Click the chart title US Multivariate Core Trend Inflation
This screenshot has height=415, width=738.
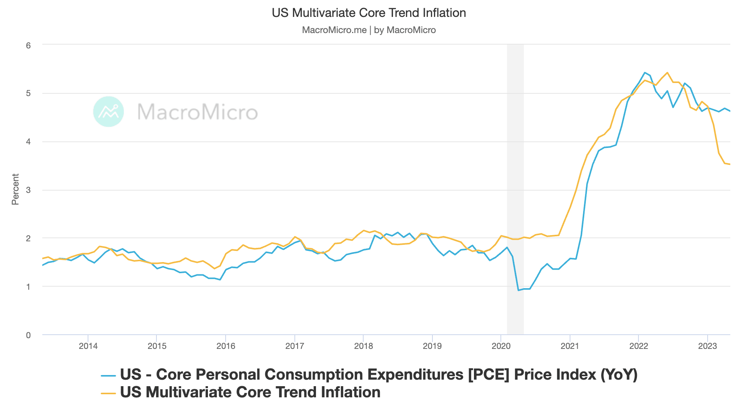point(369,13)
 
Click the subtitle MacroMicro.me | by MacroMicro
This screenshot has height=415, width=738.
point(369,30)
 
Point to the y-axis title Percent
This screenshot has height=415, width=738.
point(15,189)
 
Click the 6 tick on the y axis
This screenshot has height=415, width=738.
point(28,45)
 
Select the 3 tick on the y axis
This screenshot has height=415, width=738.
point(28,190)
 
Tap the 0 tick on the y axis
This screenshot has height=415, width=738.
point(28,335)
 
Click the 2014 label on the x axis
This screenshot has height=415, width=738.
point(88,346)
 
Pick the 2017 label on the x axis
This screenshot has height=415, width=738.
point(294,346)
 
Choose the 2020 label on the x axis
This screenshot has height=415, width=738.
point(501,346)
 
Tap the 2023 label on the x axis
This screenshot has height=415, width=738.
point(707,346)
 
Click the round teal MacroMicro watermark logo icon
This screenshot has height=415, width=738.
point(108,111)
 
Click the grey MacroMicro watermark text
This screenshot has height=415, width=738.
point(197,112)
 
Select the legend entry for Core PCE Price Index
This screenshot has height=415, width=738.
point(378,374)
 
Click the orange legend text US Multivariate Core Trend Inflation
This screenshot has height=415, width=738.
point(250,392)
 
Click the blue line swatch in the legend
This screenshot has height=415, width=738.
point(108,375)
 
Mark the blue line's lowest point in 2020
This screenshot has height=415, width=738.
point(518,290)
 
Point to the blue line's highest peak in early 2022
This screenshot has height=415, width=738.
point(645,72)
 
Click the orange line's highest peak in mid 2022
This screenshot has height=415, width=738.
point(667,72)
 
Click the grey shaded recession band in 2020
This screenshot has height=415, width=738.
point(515,173)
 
